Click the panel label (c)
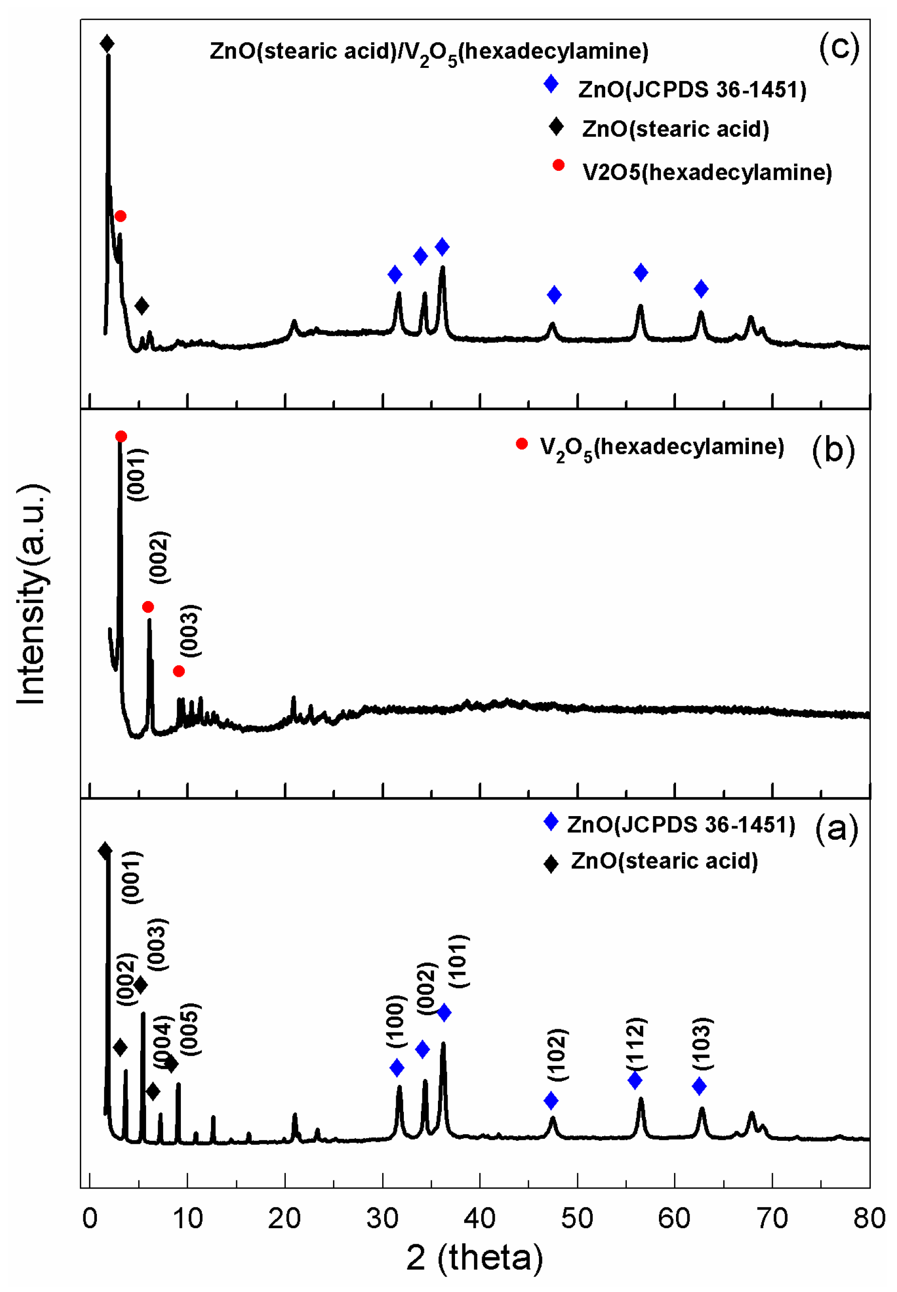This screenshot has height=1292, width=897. point(839,48)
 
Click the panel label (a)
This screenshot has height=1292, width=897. point(836,829)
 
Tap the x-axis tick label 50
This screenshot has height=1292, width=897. point(577,1219)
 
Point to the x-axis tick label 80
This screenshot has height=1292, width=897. point(869,1219)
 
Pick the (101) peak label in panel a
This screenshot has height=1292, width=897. point(459,961)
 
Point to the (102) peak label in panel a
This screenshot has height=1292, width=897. point(557,1055)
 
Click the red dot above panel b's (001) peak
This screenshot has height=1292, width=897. point(121,436)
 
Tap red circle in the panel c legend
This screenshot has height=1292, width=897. point(558,165)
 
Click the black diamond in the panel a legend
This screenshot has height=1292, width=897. point(551,864)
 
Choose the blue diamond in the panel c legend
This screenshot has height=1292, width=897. point(551,84)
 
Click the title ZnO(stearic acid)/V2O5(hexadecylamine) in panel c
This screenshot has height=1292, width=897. point(429,52)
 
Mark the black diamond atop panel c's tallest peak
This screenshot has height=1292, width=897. point(107,43)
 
